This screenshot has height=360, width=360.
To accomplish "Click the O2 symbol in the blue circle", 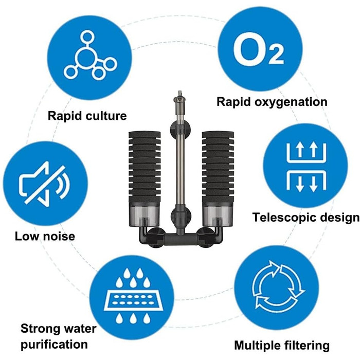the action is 258,49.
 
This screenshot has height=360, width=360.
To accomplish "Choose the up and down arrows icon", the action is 307,167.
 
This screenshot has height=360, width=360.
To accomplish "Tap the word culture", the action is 106,116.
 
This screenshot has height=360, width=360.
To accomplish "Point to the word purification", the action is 54,345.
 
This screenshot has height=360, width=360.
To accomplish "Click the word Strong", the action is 39,329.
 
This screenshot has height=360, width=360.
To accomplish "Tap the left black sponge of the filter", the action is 144,168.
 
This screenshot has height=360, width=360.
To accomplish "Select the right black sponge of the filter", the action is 218,168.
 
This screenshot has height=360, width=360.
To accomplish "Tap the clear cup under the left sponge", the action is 144,216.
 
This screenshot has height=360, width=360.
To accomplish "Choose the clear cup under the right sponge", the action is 218,216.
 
